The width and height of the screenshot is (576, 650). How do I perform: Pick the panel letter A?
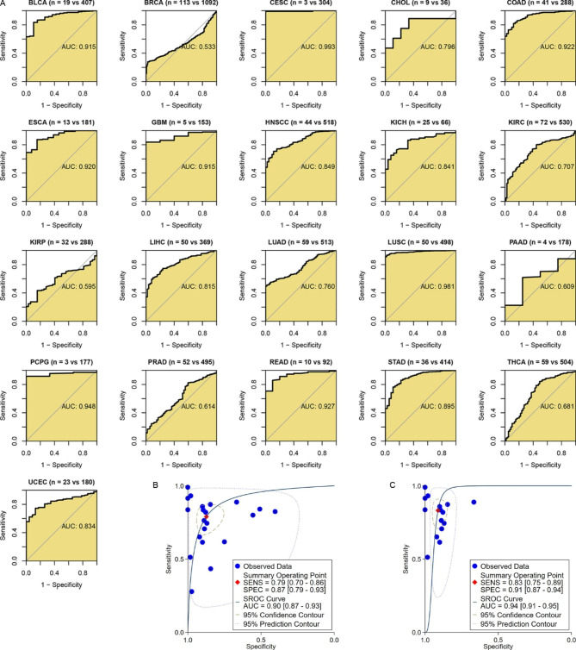click(4, 5)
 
